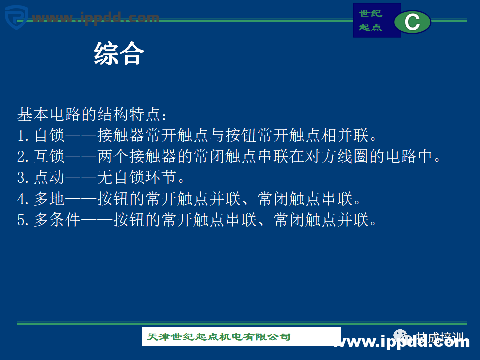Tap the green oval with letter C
pos(412,22)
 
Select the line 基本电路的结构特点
pos(92,114)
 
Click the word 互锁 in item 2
pos(49,157)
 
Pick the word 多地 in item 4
pos(49,199)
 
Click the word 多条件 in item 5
pos(57,220)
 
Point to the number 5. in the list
pos(24,220)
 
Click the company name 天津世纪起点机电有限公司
pos(219,337)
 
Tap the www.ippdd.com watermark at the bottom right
pos(402,342)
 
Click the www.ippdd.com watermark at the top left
pos(95,18)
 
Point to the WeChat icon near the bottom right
pos(400,337)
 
